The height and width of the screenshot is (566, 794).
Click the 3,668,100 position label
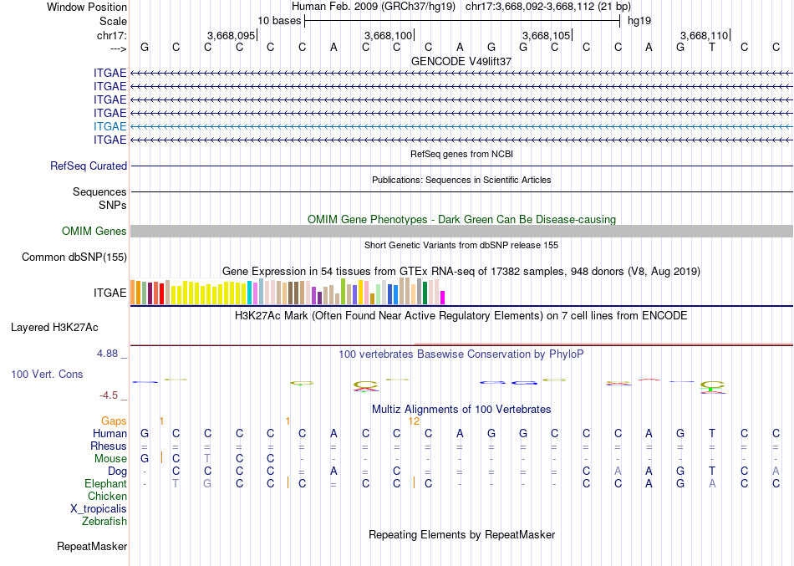tap(389, 35)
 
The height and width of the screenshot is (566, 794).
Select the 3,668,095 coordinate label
tap(231, 35)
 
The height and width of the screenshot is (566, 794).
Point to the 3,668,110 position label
tap(705, 35)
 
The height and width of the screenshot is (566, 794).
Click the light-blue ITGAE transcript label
tap(110, 126)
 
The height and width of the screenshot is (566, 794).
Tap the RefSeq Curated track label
tap(89, 166)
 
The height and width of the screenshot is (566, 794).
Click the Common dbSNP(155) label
tap(74, 258)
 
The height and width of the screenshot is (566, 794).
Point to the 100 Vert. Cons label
tap(48, 374)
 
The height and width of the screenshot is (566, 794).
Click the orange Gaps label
tap(115, 421)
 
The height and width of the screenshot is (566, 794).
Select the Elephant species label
tap(106, 484)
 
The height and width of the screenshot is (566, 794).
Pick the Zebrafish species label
tap(104, 522)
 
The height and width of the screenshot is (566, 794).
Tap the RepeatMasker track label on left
tap(92, 547)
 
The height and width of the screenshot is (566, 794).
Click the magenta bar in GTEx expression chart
tap(443, 297)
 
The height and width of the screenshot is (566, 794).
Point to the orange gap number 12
tap(414, 421)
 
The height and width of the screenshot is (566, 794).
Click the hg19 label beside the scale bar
tap(639, 20)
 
